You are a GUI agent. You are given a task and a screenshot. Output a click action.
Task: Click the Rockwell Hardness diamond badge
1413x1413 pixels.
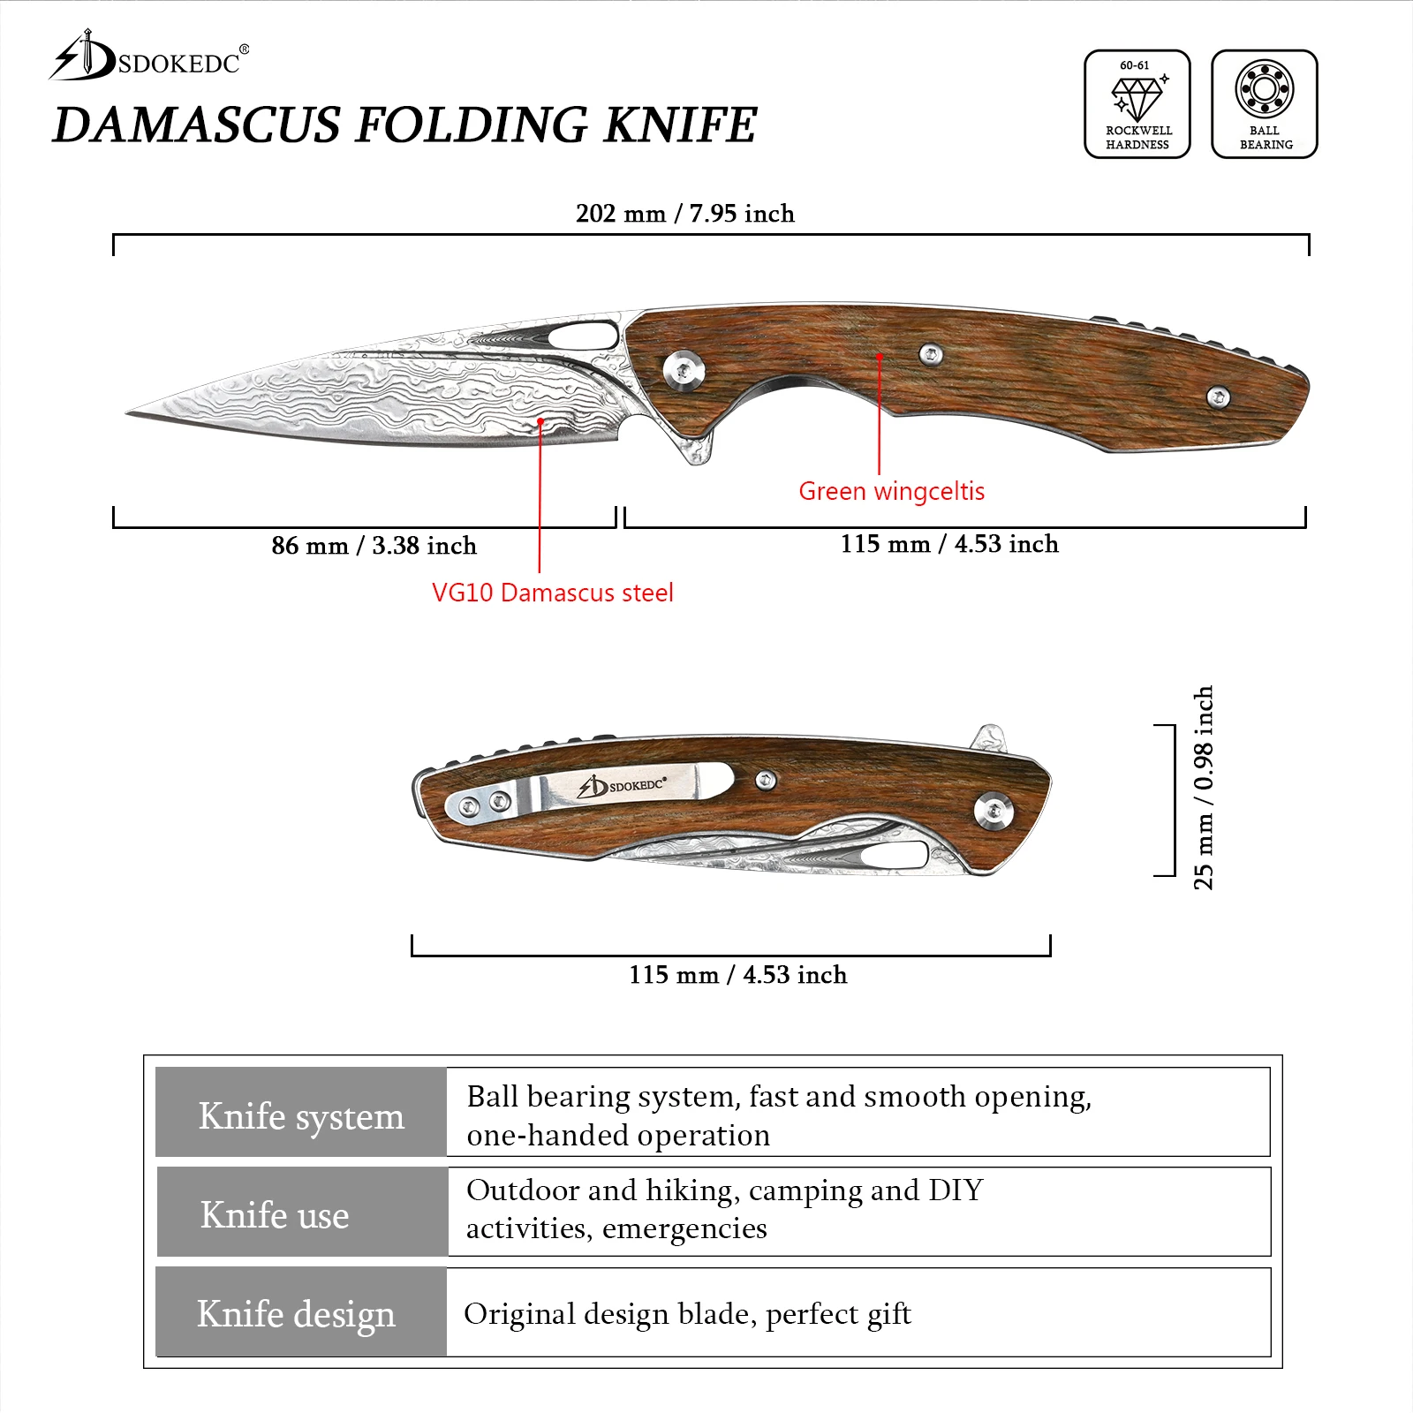1137,104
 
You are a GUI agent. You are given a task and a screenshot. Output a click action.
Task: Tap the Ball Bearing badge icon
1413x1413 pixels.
1264,104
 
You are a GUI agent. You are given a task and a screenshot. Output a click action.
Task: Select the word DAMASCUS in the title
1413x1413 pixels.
196,125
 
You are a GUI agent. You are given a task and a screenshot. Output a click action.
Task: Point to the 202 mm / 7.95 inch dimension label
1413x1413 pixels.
684,214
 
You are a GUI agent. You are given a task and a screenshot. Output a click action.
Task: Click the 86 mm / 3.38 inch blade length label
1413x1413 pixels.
374,546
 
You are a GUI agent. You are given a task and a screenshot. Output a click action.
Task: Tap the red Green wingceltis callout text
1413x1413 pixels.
891,491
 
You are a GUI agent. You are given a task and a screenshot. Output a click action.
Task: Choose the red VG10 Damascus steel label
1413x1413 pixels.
552,593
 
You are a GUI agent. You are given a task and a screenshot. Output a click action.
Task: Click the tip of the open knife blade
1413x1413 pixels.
131,412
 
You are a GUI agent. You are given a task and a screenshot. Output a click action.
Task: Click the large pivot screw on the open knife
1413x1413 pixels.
684,369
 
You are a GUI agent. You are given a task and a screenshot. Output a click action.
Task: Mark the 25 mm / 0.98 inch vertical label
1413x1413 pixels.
1203,788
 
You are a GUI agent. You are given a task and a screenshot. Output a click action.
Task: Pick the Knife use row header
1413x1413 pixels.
275,1215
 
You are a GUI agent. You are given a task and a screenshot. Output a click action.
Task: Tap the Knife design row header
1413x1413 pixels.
296,1314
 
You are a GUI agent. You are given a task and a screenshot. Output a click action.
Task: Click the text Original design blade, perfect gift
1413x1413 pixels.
687,1314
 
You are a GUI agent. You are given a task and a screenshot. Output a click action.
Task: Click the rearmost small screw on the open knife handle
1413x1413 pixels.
1218,397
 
